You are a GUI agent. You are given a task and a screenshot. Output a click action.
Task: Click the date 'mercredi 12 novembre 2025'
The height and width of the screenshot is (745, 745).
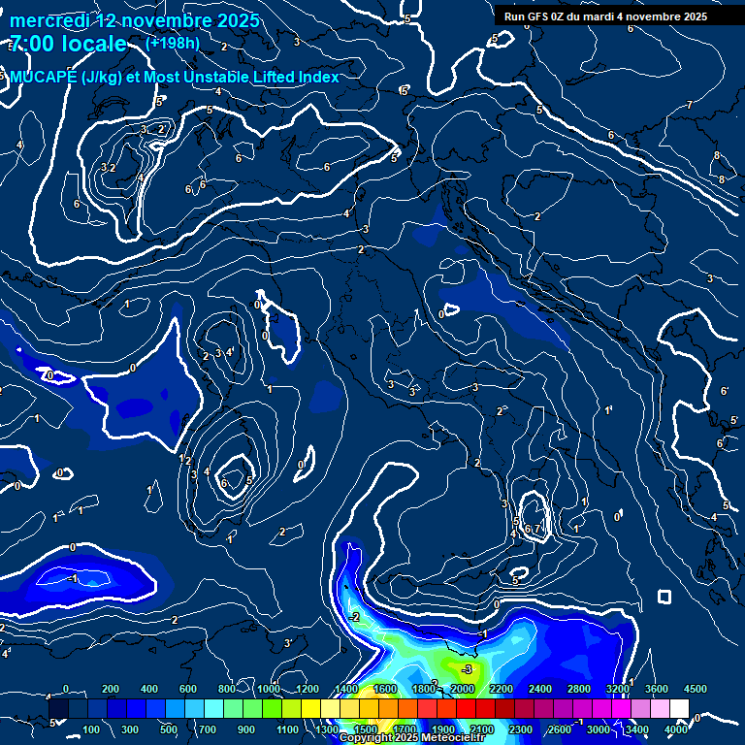coord(135,20)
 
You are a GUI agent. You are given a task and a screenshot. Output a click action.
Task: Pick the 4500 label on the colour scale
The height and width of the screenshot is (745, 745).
coord(696,689)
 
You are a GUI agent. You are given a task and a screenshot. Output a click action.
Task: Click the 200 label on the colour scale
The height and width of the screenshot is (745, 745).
coord(111,689)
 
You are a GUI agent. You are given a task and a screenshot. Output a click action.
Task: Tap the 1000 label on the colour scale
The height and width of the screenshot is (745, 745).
coord(269,689)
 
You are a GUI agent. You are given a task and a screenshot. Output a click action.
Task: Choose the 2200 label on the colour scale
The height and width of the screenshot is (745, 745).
coord(501,689)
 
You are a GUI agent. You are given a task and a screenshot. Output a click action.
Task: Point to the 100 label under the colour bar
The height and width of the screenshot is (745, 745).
coord(92,729)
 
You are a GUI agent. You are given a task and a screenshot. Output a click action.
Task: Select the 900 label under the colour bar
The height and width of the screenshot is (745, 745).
coord(247,729)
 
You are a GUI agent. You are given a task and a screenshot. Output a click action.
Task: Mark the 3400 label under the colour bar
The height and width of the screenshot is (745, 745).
coord(637,729)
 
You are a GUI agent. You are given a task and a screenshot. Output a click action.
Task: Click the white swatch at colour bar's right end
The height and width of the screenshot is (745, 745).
coord(679,709)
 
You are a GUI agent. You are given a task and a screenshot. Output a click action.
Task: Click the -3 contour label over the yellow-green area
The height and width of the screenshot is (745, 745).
coord(467,669)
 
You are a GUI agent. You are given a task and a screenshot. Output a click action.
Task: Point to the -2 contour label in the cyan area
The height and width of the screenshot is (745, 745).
coord(354,617)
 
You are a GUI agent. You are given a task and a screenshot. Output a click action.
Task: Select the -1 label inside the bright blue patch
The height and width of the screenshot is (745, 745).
coord(74,578)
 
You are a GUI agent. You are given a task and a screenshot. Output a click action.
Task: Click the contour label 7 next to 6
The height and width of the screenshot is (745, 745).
coord(536,529)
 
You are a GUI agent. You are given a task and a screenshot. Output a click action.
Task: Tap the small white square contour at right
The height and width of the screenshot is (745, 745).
coord(664,596)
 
